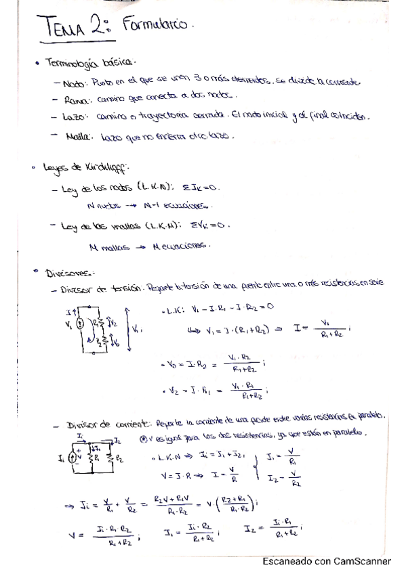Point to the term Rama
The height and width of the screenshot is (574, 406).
(72, 100)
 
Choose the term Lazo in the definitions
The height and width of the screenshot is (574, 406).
(72, 116)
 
